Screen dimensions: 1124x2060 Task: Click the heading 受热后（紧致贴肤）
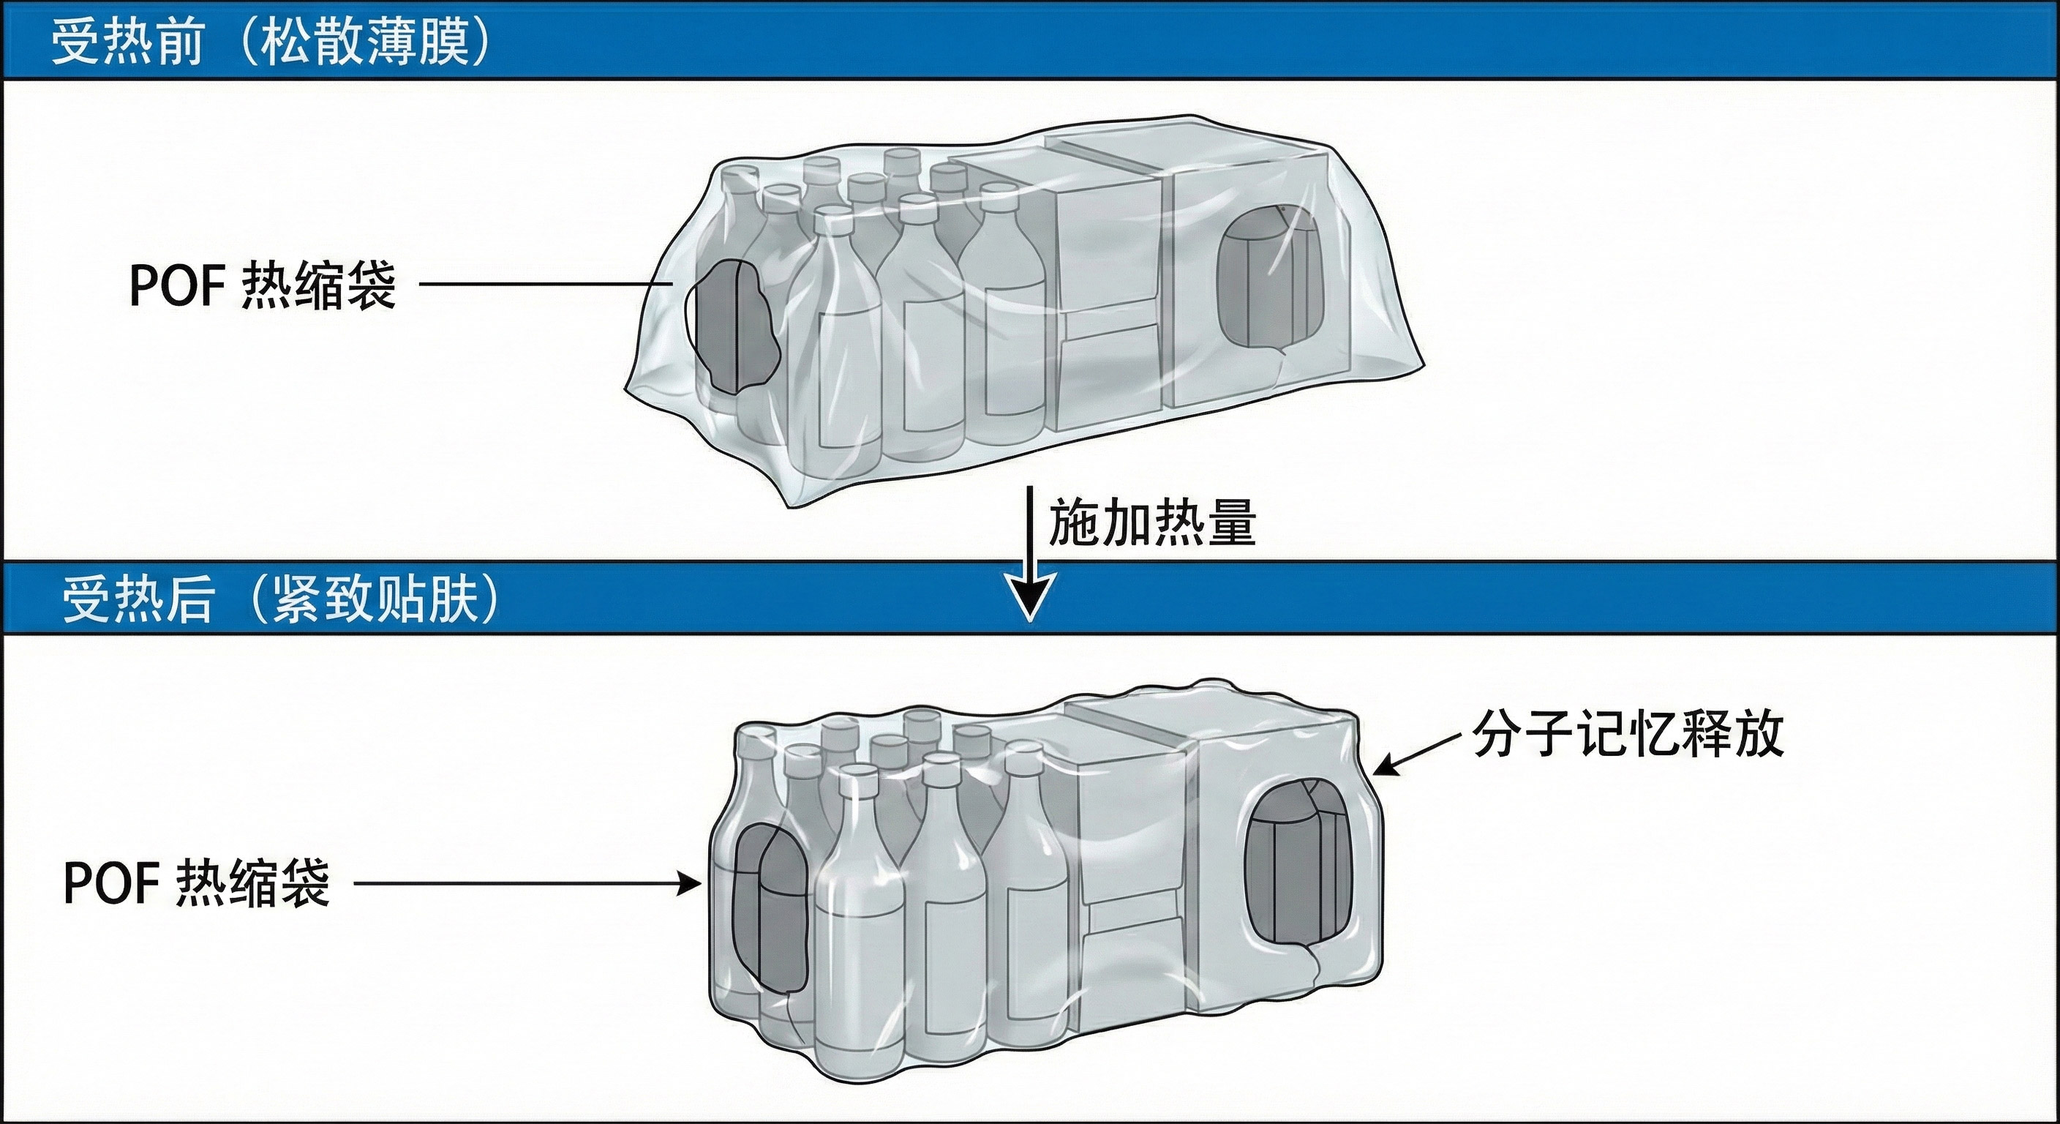281,599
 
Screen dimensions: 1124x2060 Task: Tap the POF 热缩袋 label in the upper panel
263,285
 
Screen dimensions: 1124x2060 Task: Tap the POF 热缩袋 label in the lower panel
196,883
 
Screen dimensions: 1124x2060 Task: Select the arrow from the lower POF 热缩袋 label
527,883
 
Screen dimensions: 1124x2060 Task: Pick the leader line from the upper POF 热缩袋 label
544,284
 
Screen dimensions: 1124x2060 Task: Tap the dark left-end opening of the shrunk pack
770,908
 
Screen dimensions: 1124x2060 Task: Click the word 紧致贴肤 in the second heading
375,599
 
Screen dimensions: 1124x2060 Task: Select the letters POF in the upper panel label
176,285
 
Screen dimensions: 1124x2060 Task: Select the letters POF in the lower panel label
110,883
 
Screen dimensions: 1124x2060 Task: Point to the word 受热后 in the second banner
138,599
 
